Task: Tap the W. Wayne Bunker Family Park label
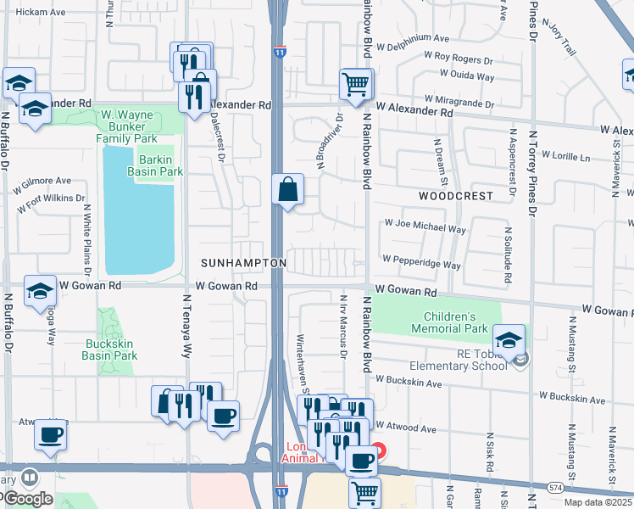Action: (x=127, y=126)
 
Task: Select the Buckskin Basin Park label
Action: (x=111, y=350)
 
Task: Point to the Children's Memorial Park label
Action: (x=449, y=322)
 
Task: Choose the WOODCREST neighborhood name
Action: (x=455, y=195)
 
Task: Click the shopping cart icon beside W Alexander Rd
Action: (x=356, y=83)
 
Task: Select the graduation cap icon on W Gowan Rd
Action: (x=40, y=290)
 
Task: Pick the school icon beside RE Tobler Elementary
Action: (x=509, y=339)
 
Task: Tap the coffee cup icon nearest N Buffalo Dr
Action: (x=50, y=434)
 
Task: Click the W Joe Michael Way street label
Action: (x=425, y=229)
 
